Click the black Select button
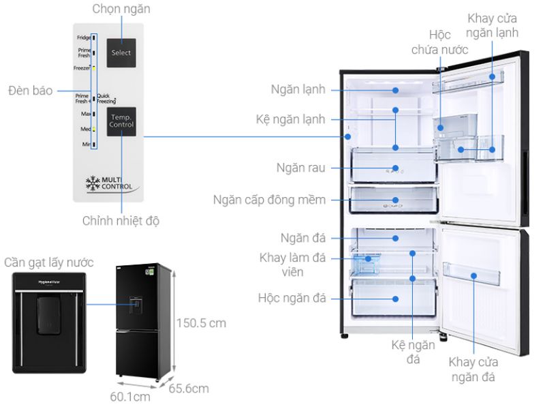pyautogui.click(x=121, y=52)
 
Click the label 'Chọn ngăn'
pyautogui.click(x=121, y=9)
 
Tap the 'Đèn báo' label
pyautogui.click(x=30, y=90)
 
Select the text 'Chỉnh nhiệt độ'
pyautogui.click(x=122, y=221)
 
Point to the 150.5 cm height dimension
pyautogui.click(x=201, y=322)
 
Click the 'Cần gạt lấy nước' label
pyautogui.click(x=48, y=262)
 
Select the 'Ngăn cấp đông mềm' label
pyautogui.click(x=269, y=200)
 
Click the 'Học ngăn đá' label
pyautogui.click(x=292, y=298)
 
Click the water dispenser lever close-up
pyautogui.click(x=48, y=321)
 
